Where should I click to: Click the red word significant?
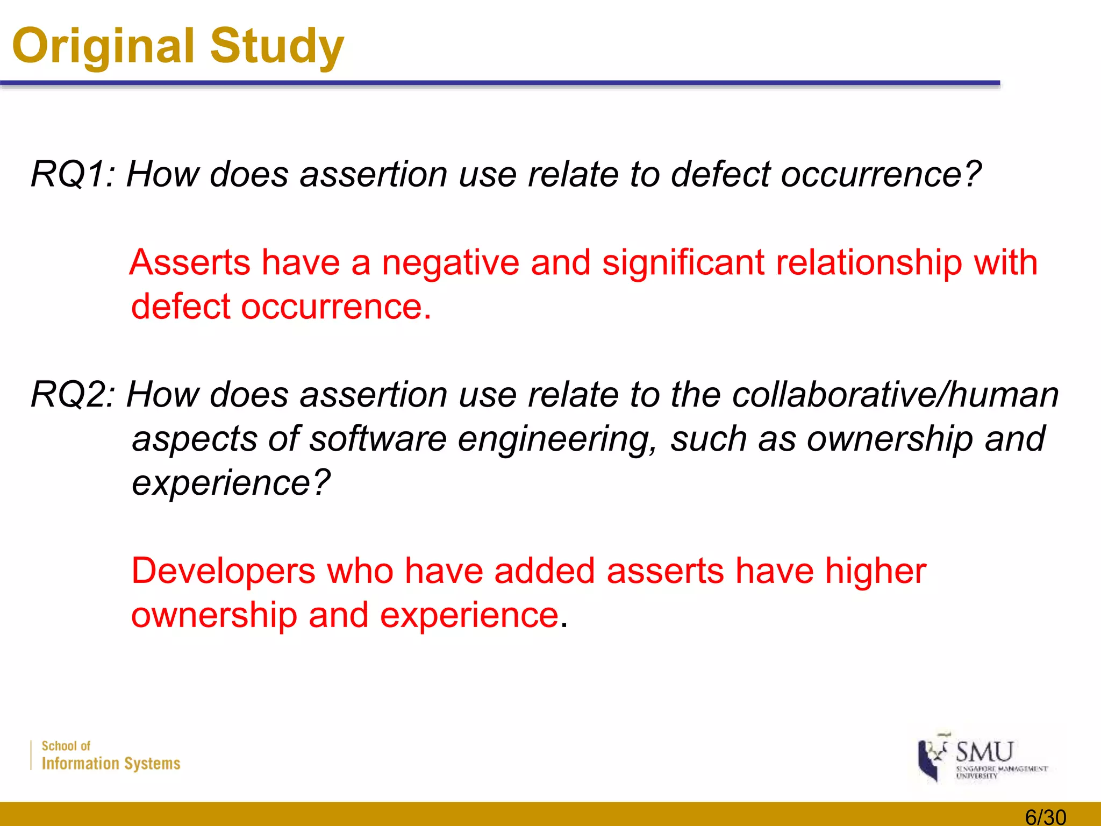point(683,264)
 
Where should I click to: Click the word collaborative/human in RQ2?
point(895,395)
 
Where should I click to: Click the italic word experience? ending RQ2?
point(231,483)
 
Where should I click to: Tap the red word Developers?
point(223,571)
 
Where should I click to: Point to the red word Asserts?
point(190,264)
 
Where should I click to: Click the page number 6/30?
point(1045,817)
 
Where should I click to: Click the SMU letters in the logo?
point(984,752)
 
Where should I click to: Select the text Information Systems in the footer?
point(111,764)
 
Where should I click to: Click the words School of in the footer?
point(66,746)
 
